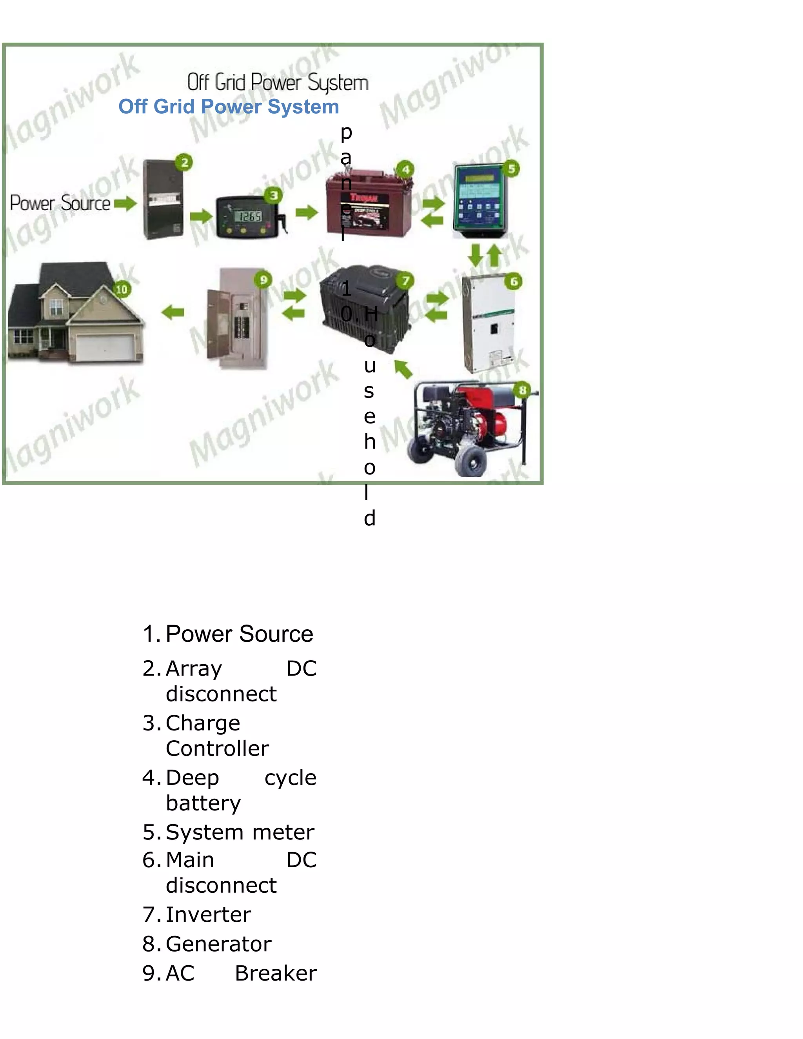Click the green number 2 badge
point(184,163)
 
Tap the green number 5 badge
point(511,169)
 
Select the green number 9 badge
point(263,279)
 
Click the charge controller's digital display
point(248,216)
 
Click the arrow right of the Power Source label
point(125,203)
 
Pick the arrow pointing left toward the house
point(173,312)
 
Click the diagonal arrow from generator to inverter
point(403,369)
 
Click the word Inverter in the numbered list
point(208,914)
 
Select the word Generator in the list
point(218,944)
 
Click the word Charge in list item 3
point(203,723)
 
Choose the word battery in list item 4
point(203,803)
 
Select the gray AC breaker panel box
point(236,319)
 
